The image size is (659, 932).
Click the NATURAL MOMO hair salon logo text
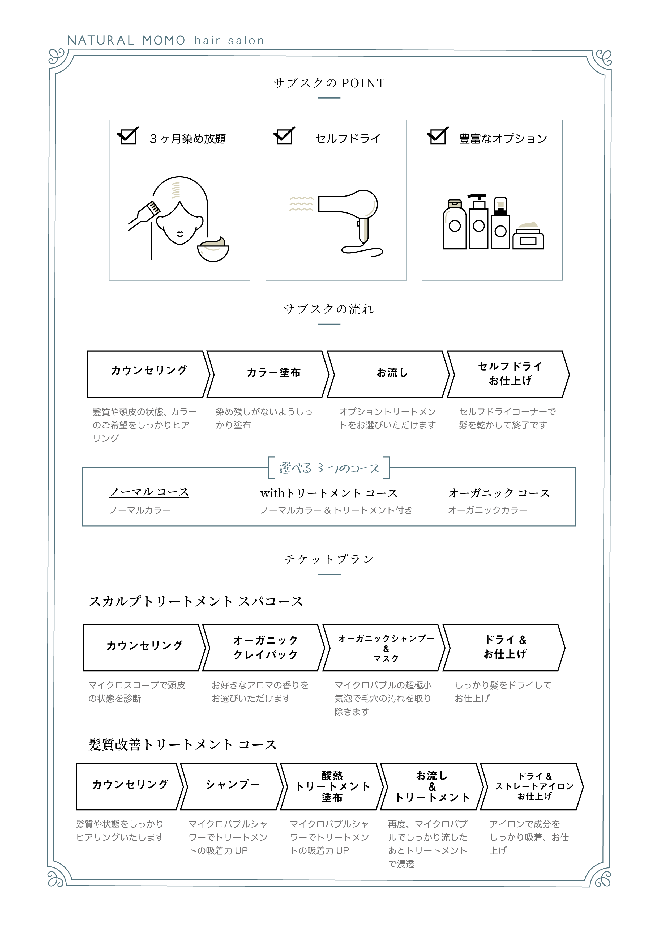point(166,40)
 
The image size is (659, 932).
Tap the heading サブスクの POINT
point(329,83)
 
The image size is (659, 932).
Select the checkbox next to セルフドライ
point(284,135)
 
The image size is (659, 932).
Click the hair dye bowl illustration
point(213,250)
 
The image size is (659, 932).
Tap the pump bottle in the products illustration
point(478,222)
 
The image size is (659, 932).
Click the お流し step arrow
point(388,374)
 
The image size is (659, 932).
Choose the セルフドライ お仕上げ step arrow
point(508,374)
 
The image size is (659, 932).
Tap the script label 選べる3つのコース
point(329,468)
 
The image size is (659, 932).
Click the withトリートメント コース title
point(329,493)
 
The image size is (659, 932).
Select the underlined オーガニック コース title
point(499,493)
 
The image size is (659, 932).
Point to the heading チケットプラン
point(329,559)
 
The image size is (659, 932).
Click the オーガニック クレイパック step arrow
point(264,648)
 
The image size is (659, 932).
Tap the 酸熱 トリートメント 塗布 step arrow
point(332,786)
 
